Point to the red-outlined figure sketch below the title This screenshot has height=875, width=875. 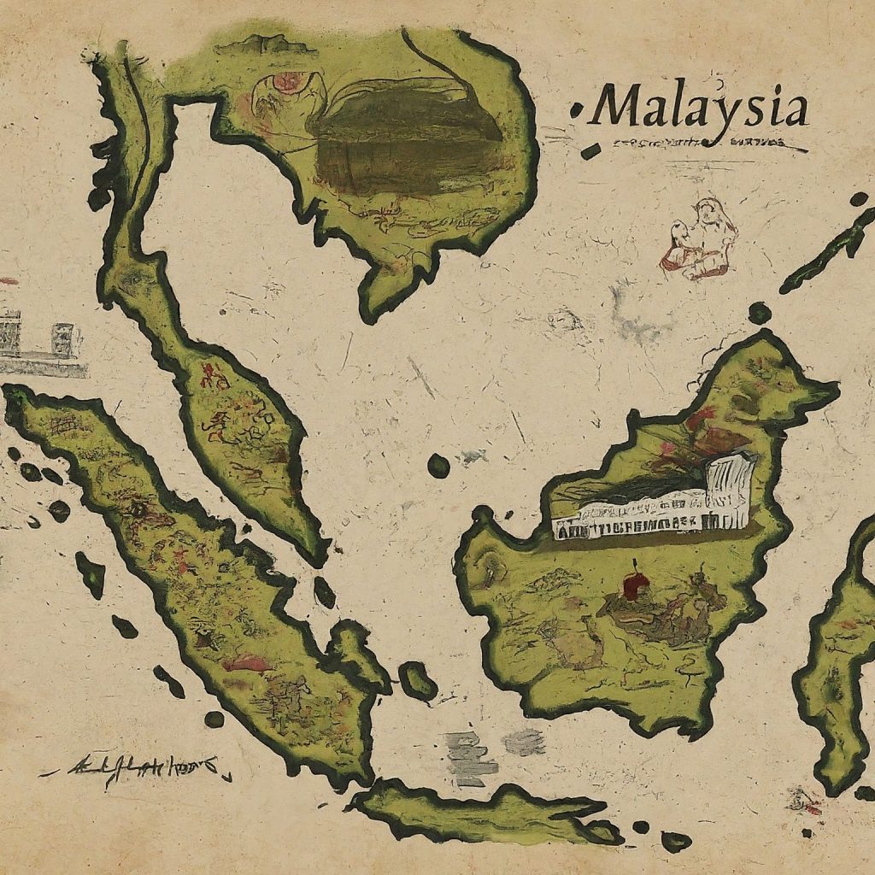tap(701, 239)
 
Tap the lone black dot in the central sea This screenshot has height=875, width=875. tap(438, 466)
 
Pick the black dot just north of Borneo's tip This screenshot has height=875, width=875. tap(759, 313)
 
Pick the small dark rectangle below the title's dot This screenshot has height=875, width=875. tap(590, 151)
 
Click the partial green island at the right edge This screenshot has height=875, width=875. tap(842, 658)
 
